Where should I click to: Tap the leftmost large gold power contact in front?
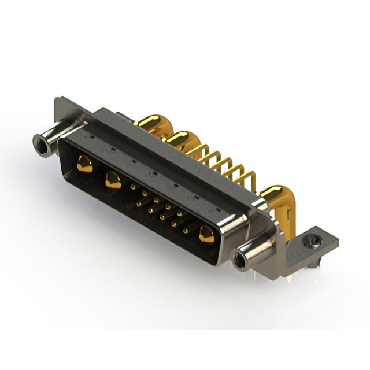[x=84, y=164]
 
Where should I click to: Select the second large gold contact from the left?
[x=110, y=180]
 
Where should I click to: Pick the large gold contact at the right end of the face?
[x=205, y=235]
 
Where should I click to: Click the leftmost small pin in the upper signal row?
[x=135, y=186]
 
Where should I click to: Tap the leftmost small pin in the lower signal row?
[x=139, y=203]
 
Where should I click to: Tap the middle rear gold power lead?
[x=184, y=140]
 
